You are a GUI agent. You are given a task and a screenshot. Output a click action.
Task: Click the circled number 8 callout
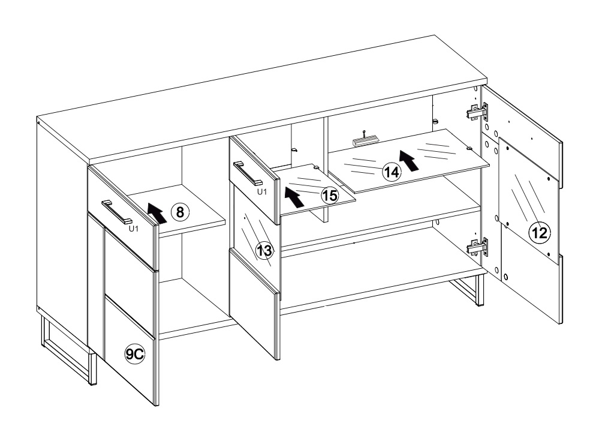click(180, 212)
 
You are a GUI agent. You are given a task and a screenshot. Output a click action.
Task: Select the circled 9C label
click(134, 354)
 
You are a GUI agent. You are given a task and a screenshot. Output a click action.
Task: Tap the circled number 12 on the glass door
click(540, 233)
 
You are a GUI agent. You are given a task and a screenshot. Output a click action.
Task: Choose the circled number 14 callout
click(392, 172)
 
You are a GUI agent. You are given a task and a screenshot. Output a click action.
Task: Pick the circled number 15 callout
click(330, 196)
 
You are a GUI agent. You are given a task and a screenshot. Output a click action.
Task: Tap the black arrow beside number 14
click(409, 161)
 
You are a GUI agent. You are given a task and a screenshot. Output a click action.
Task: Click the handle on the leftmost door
click(117, 212)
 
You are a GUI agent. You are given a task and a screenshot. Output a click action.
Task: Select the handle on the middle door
click(248, 173)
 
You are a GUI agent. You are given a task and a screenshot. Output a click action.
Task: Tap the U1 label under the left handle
click(133, 229)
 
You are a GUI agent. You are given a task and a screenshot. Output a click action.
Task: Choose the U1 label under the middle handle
click(262, 191)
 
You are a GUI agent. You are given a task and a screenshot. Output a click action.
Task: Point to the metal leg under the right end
click(466, 289)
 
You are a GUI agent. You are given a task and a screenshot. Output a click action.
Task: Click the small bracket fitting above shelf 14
click(365, 140)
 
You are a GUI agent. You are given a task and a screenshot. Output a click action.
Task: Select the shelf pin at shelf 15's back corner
click(317, 167)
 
